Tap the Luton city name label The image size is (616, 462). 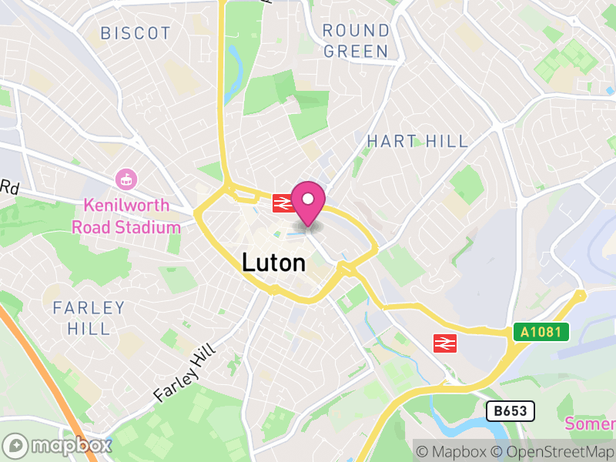tap(273, 263)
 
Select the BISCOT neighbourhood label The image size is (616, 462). tap(136, 33)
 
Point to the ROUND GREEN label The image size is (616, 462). tap(356, 41)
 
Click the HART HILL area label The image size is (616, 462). tap(417, 141)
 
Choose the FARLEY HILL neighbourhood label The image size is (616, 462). tap(88, 318)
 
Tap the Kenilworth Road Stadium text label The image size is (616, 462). tap(126, 216)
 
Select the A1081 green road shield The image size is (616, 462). tap(541, 332)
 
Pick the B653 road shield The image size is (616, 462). tap(510, 411)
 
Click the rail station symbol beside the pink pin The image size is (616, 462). tap(282, 203)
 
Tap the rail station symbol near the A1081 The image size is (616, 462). tap(446, 343)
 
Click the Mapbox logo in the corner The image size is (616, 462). tap(59, 445)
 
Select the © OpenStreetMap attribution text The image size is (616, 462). tap(554, 451)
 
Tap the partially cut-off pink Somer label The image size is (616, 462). tap(591, 423)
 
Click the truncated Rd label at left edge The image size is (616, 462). tap(9, 188)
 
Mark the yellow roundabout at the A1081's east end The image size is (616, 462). tap(580, 295)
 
